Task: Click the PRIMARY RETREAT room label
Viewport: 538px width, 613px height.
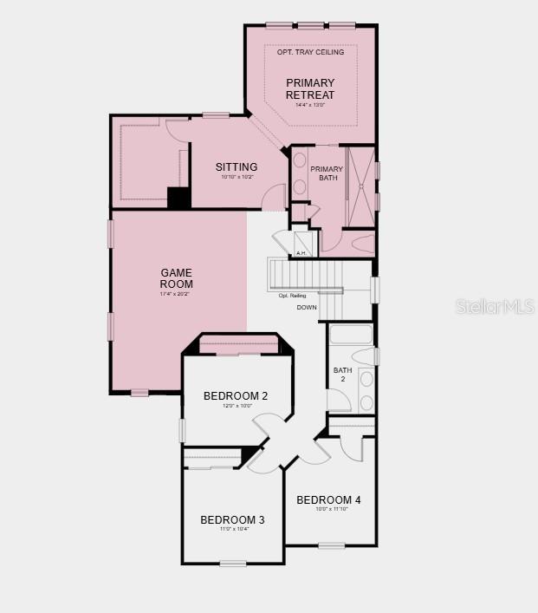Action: click(x=310, y=89)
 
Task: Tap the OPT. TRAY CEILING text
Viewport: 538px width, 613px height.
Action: click(x=310, y=52)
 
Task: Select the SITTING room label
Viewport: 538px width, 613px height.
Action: click(x=237, y=167)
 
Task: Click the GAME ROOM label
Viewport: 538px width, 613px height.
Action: click(x=176, y=278)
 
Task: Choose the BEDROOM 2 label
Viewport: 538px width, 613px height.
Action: click(x=236, y=396)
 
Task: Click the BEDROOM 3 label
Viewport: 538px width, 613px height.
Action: click(x=232, y=520)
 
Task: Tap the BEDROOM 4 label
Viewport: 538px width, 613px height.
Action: click(x=328, y=500)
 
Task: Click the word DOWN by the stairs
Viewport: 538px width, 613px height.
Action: click(x=307, y=308)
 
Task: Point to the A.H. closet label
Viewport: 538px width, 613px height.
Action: click(x=301, y=253)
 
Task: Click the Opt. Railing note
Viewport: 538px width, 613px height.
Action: click(x=292, y=296)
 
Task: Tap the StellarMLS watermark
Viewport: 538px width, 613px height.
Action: click(x=495, y=306)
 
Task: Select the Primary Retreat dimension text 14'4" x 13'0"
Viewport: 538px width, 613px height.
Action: click(x=310, y=105)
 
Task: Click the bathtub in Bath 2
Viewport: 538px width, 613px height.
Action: click(x=351, y=335)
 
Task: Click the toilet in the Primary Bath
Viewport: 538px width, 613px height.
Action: click(x=361, y=244)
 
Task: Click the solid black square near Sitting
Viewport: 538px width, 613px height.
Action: click(x=178, y=198)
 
